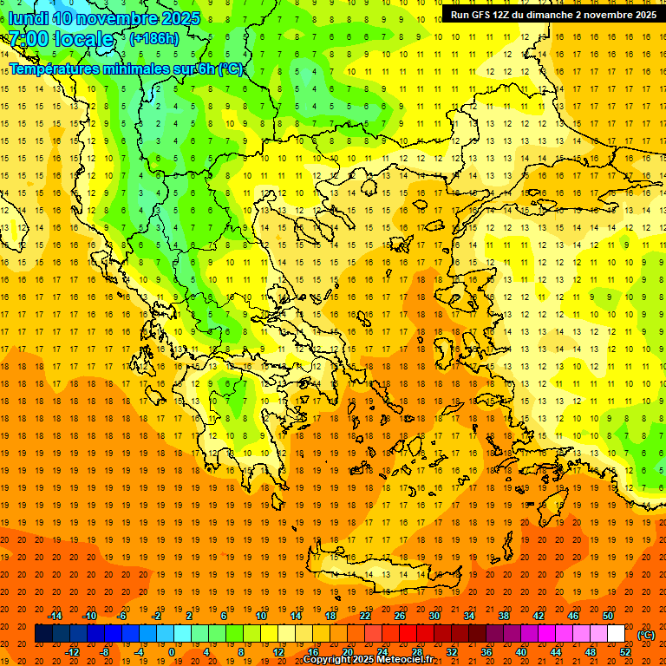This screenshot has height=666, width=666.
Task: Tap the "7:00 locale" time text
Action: (x=61, y=39)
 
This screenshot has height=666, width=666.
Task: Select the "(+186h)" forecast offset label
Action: (x=154, y=39)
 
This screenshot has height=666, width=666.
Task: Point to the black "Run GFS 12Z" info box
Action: (x=553, y=15)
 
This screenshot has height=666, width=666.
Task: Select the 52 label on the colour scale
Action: (x=625, y=652)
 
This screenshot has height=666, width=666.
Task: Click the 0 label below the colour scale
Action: (x=171, y=652)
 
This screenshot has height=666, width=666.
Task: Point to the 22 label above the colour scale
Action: (x=365, y=616)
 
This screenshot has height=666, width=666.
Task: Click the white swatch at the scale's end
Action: (x=617, y=634)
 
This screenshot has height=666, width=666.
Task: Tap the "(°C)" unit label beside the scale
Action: (x=646, y=634)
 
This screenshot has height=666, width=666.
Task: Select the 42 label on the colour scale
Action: (x=539, y=616)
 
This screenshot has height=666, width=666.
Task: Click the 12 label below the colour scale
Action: (x=278, y=652)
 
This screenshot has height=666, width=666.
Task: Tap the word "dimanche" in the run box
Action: (x=545, y=15)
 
